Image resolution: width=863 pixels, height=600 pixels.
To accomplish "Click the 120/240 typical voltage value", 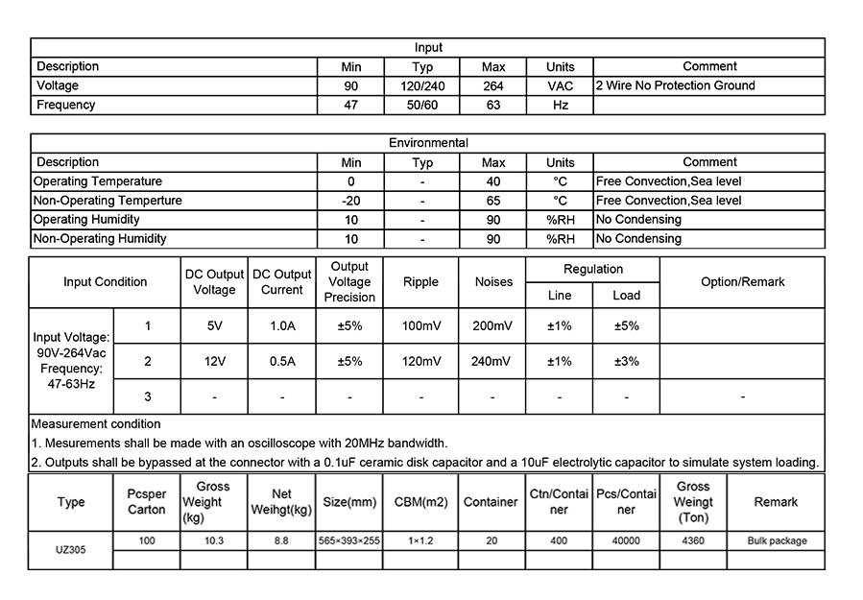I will tap(422, 85).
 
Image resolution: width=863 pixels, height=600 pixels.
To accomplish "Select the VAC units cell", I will tap(560, 85).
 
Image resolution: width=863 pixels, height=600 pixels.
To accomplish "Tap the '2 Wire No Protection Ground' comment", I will tap(676, 85).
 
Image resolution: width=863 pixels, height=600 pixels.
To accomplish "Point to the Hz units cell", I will tap(560, 105).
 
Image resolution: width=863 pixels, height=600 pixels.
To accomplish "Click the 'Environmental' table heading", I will tap(428, 143).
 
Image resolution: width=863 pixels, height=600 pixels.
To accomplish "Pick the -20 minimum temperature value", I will tap(350, 201).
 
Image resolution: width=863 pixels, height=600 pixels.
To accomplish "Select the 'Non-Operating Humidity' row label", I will tap(100, 239).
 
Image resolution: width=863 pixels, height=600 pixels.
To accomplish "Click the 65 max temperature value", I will tap(493, 201).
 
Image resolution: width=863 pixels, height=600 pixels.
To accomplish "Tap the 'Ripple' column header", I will tap(420, 282).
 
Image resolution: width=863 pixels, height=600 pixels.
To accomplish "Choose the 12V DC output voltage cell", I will tap(214, 362).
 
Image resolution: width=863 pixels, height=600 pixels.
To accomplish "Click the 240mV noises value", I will tap(492, 362).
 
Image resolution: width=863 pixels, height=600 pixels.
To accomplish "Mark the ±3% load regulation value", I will tap(627, 362).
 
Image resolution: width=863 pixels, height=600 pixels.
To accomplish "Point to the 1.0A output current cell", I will tap(282, 326).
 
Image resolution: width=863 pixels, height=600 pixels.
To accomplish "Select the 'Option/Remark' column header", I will tap(742, 282).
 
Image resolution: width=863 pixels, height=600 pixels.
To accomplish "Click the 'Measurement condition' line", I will tap(96, 423).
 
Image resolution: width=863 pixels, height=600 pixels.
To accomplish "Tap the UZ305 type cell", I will tap(70, 550).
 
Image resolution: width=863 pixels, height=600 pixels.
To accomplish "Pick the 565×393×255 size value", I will tap(349, 541).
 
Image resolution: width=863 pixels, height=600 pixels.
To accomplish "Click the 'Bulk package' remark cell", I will tap(777, 541).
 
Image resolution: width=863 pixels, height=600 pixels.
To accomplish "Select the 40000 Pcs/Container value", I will tap(626, 541).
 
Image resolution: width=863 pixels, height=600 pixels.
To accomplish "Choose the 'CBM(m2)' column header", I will tap(420, 502).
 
